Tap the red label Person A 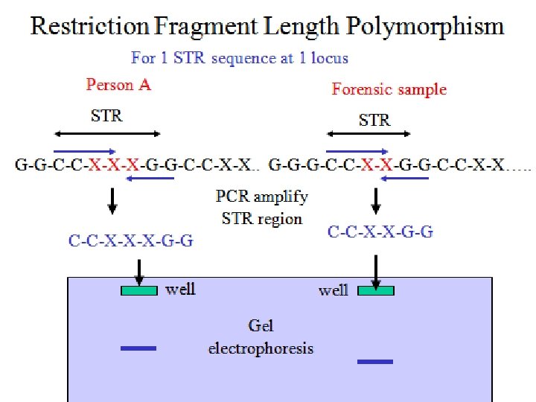[x=118, y=84]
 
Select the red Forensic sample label [x=389, y=89]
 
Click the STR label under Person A [x=106, y=115]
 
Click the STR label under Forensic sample [x=374, y=119]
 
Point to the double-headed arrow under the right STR [x=368, y=134]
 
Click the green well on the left [x=139, y=290]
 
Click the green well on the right [x=376, y=290]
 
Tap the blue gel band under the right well [x=374, y=362]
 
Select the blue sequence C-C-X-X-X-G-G [x=131, y=240]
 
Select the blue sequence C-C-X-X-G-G [x=380, y=232]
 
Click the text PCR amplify [x=261, y=197]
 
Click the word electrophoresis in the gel [x=261, y=348]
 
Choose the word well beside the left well [x=180, y=288]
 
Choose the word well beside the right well [x=333, y=290]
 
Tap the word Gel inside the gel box [x=261, y=325]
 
